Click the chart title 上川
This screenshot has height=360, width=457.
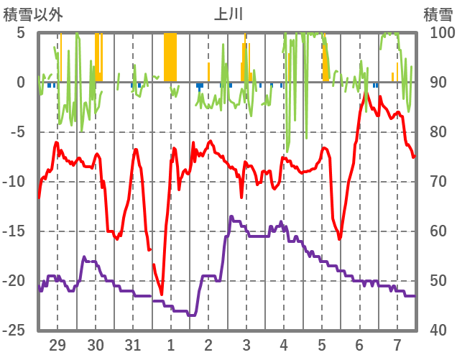point(228,14)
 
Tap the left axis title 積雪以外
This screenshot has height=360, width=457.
point(33,14)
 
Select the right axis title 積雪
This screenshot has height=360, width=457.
point(438,14)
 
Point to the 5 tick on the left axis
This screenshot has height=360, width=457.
point(21,33)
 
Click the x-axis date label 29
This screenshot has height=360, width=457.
point(57,345)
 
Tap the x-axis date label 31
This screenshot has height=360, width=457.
point(133,345)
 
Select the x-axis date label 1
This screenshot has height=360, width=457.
point(171,345)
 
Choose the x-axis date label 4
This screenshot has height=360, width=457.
point(284,345)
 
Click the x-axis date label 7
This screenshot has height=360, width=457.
point(397,345)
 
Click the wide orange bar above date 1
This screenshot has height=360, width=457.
point(170,57)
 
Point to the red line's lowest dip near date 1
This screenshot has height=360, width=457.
point(162,294)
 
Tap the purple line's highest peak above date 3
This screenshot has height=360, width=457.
point(231,216)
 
